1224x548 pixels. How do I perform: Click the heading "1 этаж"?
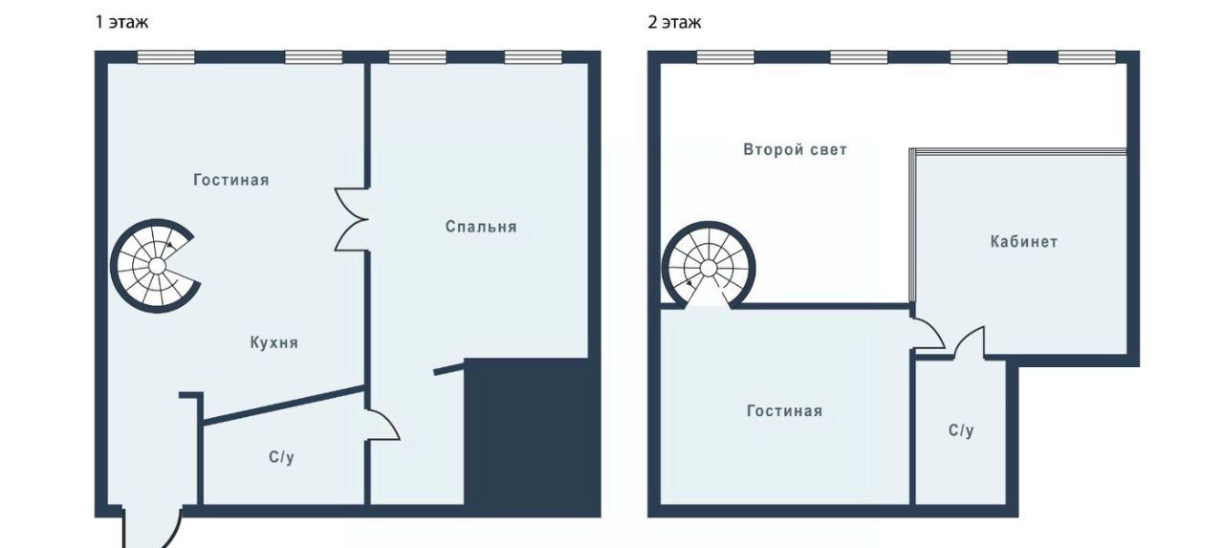(x=121, y=22)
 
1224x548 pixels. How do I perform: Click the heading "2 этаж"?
(x=674, y=22)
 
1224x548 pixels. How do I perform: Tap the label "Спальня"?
(x=481, y=227)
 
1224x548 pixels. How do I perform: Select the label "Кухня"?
(x=274, y=343)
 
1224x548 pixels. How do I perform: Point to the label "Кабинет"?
(x=1024, y=242)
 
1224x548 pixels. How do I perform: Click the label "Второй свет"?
(x=795, y=150)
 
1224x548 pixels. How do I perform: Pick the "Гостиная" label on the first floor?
(x=231, y=180)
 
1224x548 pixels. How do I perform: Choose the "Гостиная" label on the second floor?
(x=785, y=411)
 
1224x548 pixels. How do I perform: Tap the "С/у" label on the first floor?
(x=281, y=457)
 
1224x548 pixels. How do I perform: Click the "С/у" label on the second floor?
(x=961, y=430)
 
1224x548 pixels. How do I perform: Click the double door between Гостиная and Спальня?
(x=351, y=220)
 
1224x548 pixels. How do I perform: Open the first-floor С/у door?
(x=382, y=425)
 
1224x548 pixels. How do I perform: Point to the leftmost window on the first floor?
(x=165, y=57)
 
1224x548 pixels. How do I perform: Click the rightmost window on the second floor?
(x=1087, y=57)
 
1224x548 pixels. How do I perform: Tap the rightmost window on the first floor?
(x=533, y=57)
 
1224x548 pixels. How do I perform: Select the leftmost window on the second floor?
(x=725, y=57)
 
